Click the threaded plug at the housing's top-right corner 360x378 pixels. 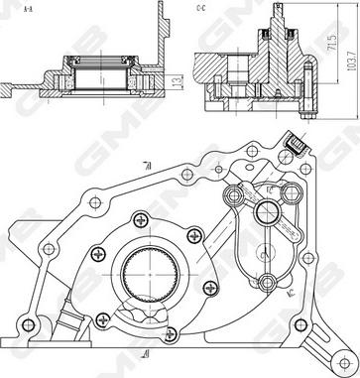point(295,151)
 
